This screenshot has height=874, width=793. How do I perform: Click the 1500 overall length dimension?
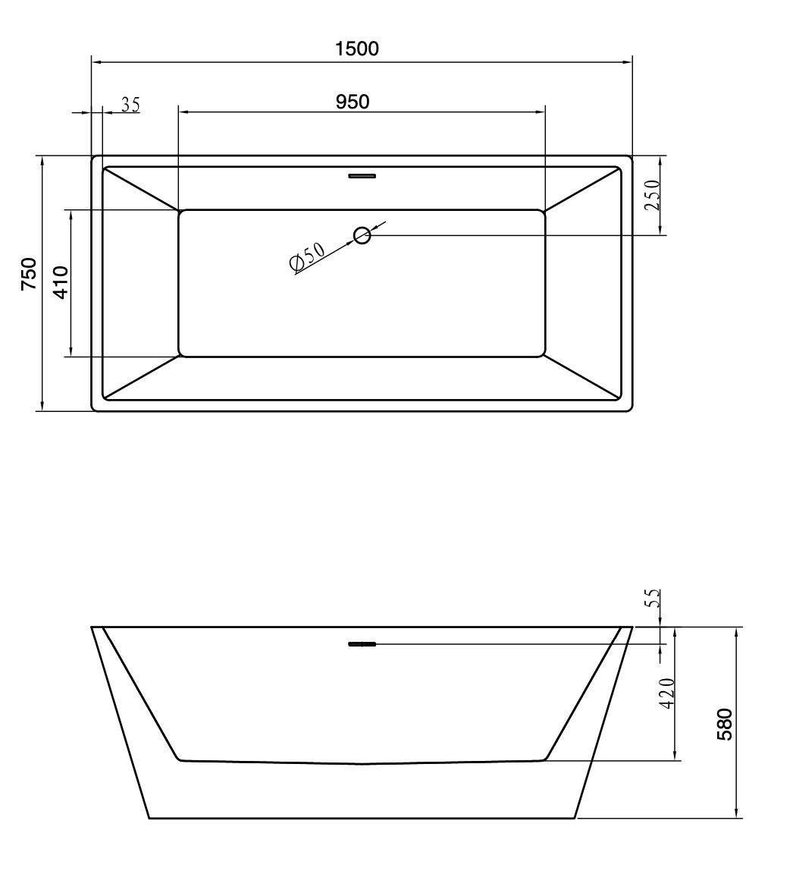point(357,49)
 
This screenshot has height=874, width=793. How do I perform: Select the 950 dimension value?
point(353,102)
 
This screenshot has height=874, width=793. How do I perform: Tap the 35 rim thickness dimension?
point(130,105)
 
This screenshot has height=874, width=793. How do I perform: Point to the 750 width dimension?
point(28,275)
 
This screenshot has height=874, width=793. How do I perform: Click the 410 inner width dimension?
point(61,281)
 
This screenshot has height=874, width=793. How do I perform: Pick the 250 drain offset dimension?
point(652,196)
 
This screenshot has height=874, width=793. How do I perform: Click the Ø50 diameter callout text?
point(307,256)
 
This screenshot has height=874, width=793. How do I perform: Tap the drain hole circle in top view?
point(362,235)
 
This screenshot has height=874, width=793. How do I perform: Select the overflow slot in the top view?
point(362,177)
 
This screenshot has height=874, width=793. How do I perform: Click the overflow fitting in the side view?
point(362,645)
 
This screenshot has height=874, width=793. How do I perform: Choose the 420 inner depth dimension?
point(666,693)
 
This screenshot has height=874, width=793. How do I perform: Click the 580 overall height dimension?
point(725,724)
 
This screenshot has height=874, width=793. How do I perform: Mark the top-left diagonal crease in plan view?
point(141,188)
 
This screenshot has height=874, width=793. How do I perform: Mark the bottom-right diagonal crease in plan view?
point(582,376)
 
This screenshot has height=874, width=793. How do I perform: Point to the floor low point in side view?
point(362,764)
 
